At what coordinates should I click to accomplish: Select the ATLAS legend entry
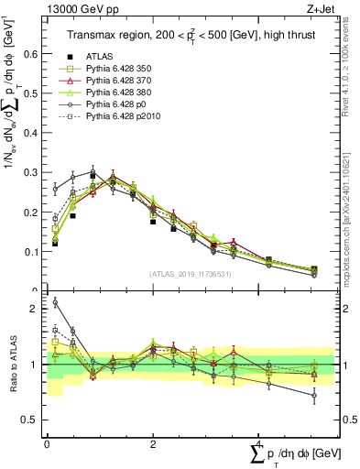(100, 56)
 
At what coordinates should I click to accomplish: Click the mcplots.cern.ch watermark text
(348, 220)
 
